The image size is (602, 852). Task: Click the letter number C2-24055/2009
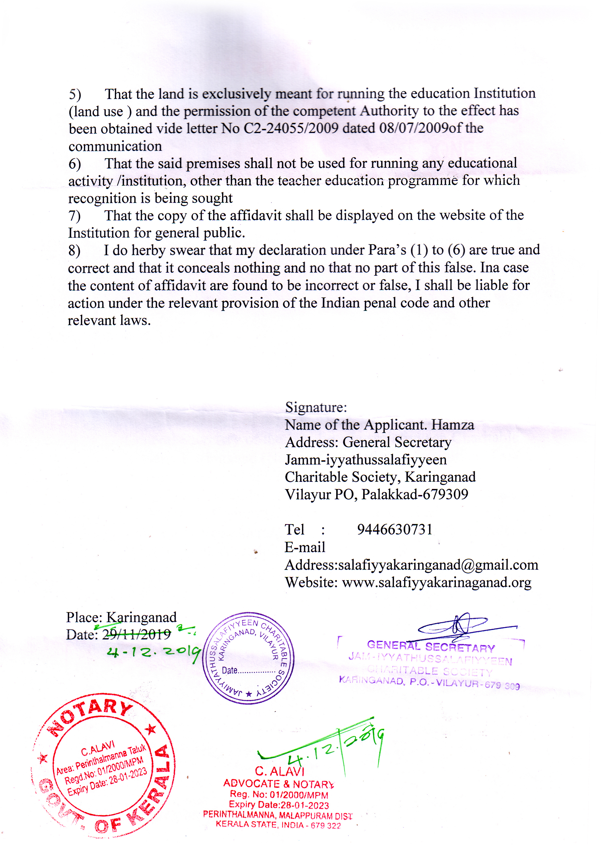tap(291, 128)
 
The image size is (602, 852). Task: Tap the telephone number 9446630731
tap(395, 529)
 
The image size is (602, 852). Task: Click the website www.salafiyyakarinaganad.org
tap(436, 583)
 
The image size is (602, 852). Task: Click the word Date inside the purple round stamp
tap(230, 670)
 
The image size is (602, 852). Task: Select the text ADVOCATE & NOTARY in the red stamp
tap(278, 784)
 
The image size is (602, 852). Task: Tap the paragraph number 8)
tap(74, 250)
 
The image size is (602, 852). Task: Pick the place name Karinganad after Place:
tap(141, 617)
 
